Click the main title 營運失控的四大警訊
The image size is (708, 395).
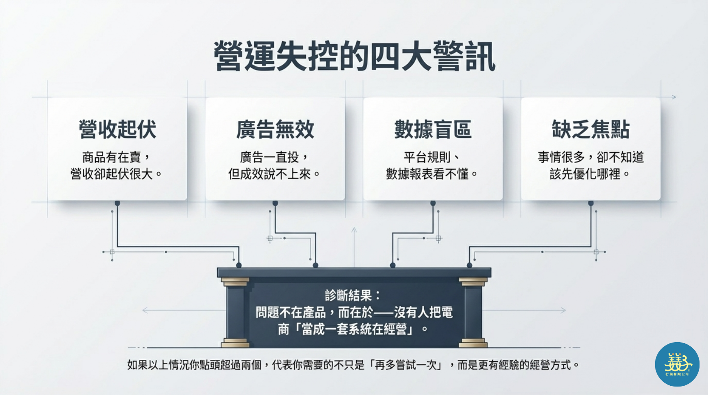tap(354, 56)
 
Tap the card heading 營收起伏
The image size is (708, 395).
tap(117, 129)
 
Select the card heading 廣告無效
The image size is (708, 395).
tap(275, 129)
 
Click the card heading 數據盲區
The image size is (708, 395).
tap(433, 129)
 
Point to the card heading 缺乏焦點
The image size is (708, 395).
tap(591, 129)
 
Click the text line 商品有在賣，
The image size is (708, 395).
tap(116, 157)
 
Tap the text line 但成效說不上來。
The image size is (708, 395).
tap(274, 174)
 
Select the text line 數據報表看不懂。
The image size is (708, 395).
tap(432, 174)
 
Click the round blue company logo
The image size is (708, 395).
tap(677, 364)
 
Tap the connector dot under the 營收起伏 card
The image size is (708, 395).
tap(117, 203)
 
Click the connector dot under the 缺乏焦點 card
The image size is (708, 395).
tap(591, 203)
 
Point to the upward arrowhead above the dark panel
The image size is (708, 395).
tap(354, 230)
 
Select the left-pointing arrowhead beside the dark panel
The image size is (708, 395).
tap(145, 310)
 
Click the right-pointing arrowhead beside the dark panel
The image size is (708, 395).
tap(563, 310)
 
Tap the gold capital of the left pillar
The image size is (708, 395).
tap(235, 282)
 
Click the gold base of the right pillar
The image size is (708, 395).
tap(473, 343)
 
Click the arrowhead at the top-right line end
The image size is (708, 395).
tap(674, 97)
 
